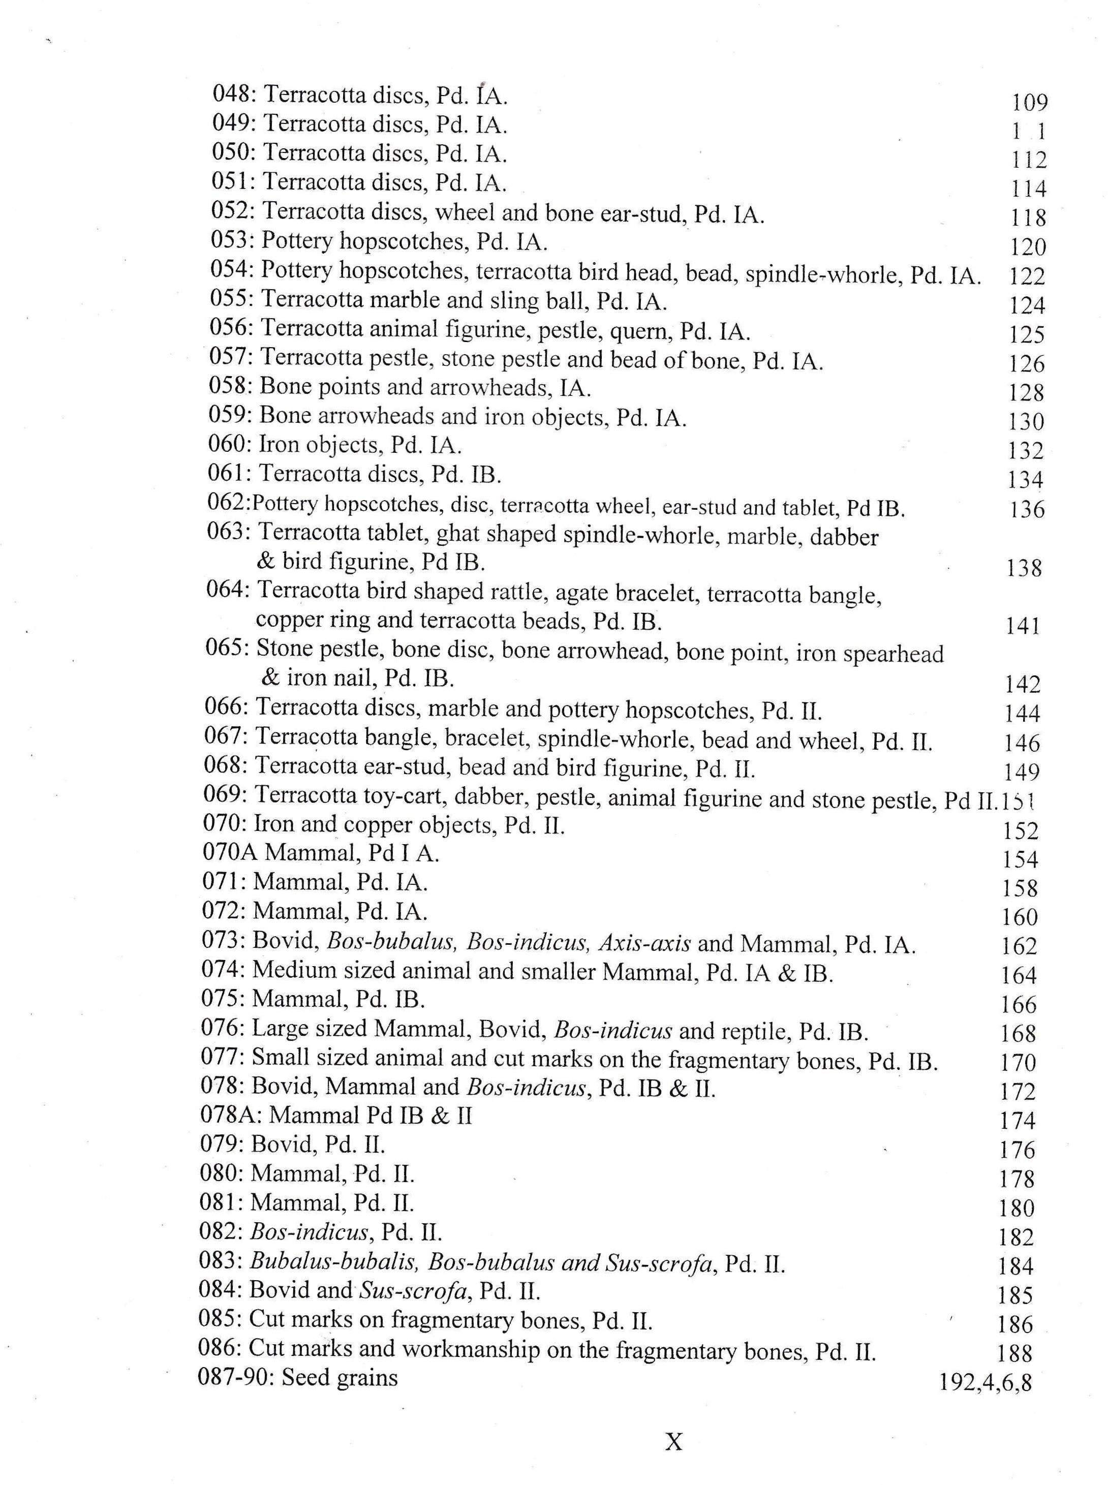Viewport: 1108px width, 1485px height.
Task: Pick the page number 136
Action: click(1027, 510)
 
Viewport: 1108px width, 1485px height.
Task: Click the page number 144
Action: click(1022, 714)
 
